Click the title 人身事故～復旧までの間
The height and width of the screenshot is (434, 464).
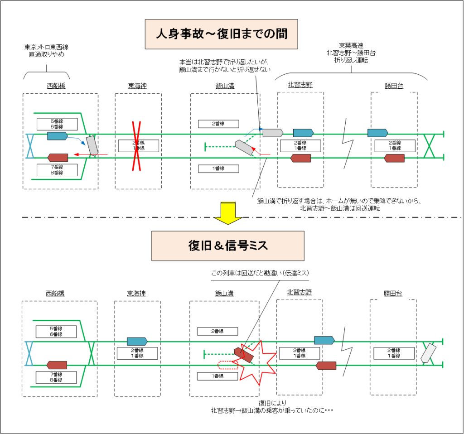[x=222, y=34]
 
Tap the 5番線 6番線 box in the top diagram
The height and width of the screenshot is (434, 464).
[x=57, y=124]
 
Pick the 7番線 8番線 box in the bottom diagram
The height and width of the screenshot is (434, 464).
[x=56, y=377]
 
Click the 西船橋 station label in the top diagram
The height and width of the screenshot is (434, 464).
[x=56, y=85]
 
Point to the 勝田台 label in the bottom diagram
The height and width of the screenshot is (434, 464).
[x=392, y=293]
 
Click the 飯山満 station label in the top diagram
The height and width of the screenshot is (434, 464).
[x=225, y=86]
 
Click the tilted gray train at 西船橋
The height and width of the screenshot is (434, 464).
[x=92, y=145]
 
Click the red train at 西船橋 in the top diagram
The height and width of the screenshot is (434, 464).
[x=58, y=157]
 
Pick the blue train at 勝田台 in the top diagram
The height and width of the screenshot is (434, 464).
[x=377, y=133]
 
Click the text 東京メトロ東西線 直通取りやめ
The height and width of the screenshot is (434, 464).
[x=46, y=50]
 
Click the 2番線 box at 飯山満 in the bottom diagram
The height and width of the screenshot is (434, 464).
[x=217, y=331]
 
